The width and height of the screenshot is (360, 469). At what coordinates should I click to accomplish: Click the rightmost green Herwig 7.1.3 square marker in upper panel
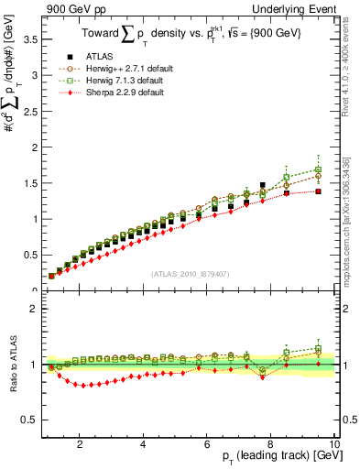[x=318, y=169]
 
